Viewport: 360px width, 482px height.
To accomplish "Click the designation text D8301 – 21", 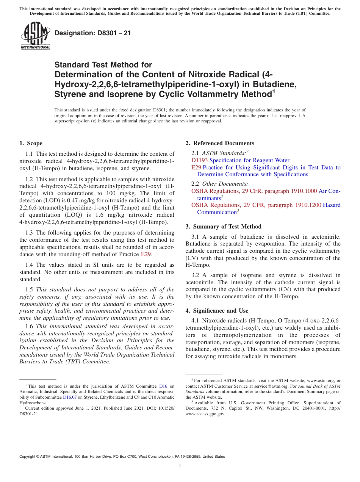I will [x=93, y=33].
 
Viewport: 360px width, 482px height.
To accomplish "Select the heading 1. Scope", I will [x=31, y=143].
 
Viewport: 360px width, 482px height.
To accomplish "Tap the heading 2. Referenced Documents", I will [x=220, y=143].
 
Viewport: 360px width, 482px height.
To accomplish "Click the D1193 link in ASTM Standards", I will [x=199, y=160].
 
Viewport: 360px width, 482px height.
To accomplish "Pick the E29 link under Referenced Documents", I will [x=196, y=167].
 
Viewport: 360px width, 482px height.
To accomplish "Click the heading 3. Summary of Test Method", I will [x=223, y=227].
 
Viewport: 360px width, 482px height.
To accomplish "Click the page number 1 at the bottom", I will [x=180, y=465].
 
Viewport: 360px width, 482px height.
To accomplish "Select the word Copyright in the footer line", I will [x=28, y=457].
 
